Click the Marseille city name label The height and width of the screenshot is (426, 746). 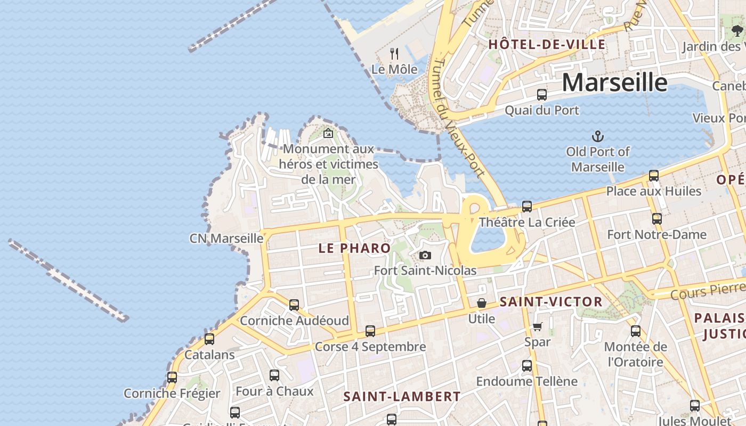point(614,83)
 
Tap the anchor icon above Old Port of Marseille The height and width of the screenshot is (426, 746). point(598,136)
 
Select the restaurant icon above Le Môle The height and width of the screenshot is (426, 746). point(394,54)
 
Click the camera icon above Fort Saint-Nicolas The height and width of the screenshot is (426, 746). point(425,256)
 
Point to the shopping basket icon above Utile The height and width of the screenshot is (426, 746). point(482,303)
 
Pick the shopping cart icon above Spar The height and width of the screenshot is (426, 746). point(537,326)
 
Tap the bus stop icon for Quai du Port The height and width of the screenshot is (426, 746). point(542,95)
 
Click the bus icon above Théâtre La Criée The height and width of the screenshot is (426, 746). point(527,206)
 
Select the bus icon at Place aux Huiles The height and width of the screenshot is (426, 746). point(654,175)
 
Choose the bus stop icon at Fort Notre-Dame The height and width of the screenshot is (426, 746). point(657,218)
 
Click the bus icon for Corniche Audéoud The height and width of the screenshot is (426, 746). point(294,305)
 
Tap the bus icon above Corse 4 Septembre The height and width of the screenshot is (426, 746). point(370,331)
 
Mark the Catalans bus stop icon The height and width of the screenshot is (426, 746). point(209,339)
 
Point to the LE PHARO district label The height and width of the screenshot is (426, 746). point(354,248)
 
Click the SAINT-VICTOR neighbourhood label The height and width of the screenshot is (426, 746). point(550,302)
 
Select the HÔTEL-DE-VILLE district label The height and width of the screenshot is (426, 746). point(547,44)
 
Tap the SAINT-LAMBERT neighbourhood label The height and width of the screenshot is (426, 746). point(402,397)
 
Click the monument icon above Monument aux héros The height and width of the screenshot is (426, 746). point(328,133)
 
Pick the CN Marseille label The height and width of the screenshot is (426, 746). point(226,238)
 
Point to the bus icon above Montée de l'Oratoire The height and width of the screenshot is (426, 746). point(636,331)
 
